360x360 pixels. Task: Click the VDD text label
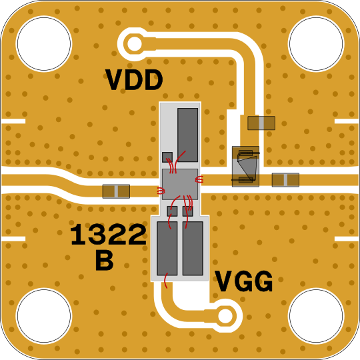pos(134,80)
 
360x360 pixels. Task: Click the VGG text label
pos(244,281)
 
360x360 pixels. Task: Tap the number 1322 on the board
pos(108,235)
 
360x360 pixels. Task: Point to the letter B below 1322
pos(105,260)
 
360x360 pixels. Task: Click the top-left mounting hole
pos(44,43)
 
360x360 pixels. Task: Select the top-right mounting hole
pos(316,43)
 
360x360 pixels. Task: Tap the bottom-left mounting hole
pos(44,316)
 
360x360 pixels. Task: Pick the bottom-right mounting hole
pos(316,316)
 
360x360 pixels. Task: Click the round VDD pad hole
pos(134,43)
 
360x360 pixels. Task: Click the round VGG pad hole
pos(225,316)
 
